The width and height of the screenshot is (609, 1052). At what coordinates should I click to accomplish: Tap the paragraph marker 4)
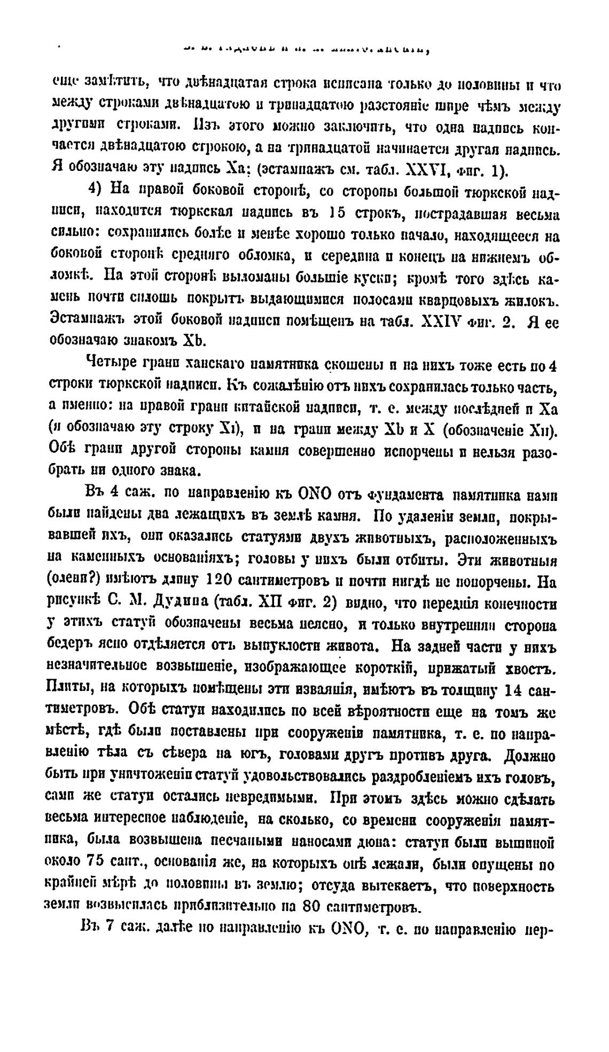97,192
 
